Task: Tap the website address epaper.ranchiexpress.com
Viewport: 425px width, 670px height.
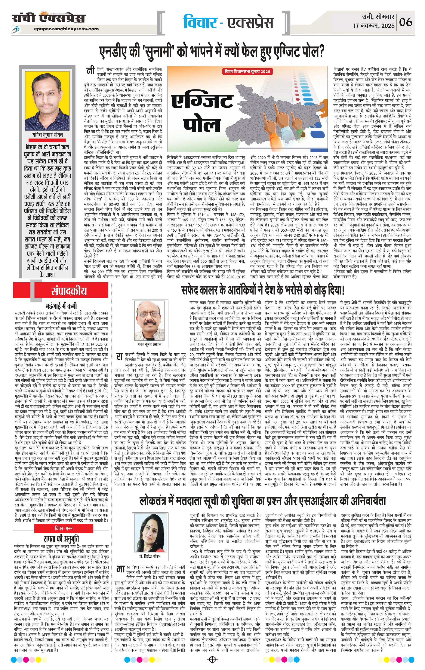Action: pyautogui.click(x=67, y=29)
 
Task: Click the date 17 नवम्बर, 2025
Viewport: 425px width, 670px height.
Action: pyautogui.click(x=374, y=26)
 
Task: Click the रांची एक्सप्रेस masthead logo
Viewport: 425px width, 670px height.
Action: pyautogui.click(x=49, y=18)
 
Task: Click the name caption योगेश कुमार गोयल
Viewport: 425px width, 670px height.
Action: pyautogui.click(x=47, y=135)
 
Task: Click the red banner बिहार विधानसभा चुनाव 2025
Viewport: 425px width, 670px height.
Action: pyautogui.click(x=247, y=71)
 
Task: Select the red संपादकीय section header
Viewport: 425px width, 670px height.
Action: pyautogui.click(x=69, y=291)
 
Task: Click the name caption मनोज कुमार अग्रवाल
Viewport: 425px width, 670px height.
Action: pyautogui.click(x=149, y=344)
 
